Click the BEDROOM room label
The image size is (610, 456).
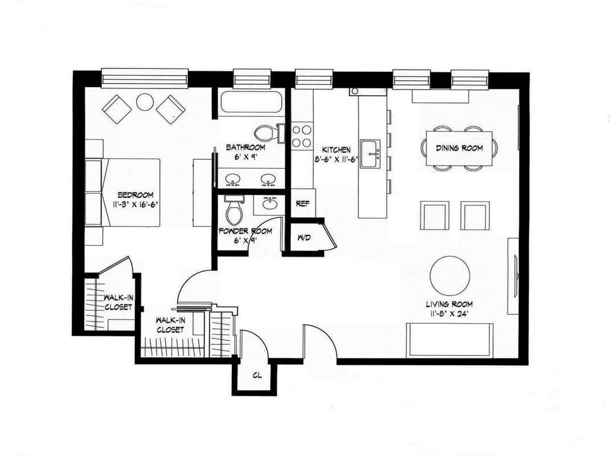[x=136, y=195]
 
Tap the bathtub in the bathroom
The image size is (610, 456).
[x=251, y=102]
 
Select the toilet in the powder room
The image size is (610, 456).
[x=234, y=210]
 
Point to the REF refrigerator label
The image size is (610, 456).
[x=302, y=203]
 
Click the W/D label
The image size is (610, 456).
[x=304, y=238]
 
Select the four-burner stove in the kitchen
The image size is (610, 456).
[x=302, y=136]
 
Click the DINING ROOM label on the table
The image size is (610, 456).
[x=459, y=148]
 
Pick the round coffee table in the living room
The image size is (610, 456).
[x=450, y=276]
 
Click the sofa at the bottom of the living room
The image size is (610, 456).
[x=450, y=339]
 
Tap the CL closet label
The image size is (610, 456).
[x=257, y=376]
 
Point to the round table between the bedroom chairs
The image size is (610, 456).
[x=145, y=103]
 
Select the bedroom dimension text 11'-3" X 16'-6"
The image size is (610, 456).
[x=136, y=204]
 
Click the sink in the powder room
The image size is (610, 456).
[x=269, y=204]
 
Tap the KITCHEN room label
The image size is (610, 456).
[x=337, y=149]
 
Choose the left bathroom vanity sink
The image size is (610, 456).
[x=233, y=180]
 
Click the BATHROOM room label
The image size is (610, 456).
[x=246, y=147]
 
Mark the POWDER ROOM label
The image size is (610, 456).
[x=245, y=231]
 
